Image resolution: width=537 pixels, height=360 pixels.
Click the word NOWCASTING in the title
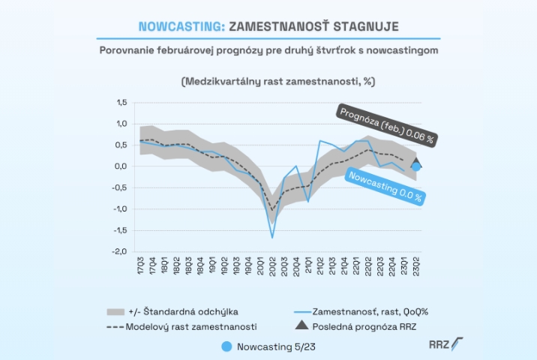pyautogui.click(x=181, y=26)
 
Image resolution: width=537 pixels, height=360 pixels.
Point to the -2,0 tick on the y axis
pyautogui.click(x=119, y=252)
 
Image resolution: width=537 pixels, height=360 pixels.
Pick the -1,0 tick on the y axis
pyautogui.click(x=119, y=209)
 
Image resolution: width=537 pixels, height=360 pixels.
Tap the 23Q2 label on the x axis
pyautogui.click(x=415, y=267)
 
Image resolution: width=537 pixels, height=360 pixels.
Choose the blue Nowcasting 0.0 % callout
pyautogui.click(x=385, y=187)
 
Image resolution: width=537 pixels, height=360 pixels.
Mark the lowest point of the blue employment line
pyautogui.click(x=272, y=237)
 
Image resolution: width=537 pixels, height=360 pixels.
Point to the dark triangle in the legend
pyautogui.click(x=301, y=325)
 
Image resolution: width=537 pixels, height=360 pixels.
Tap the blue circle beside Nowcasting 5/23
pyautogui.click(x=227, y=346)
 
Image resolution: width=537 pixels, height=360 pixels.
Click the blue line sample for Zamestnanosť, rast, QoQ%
pyautogui.click(x=301, y=310)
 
